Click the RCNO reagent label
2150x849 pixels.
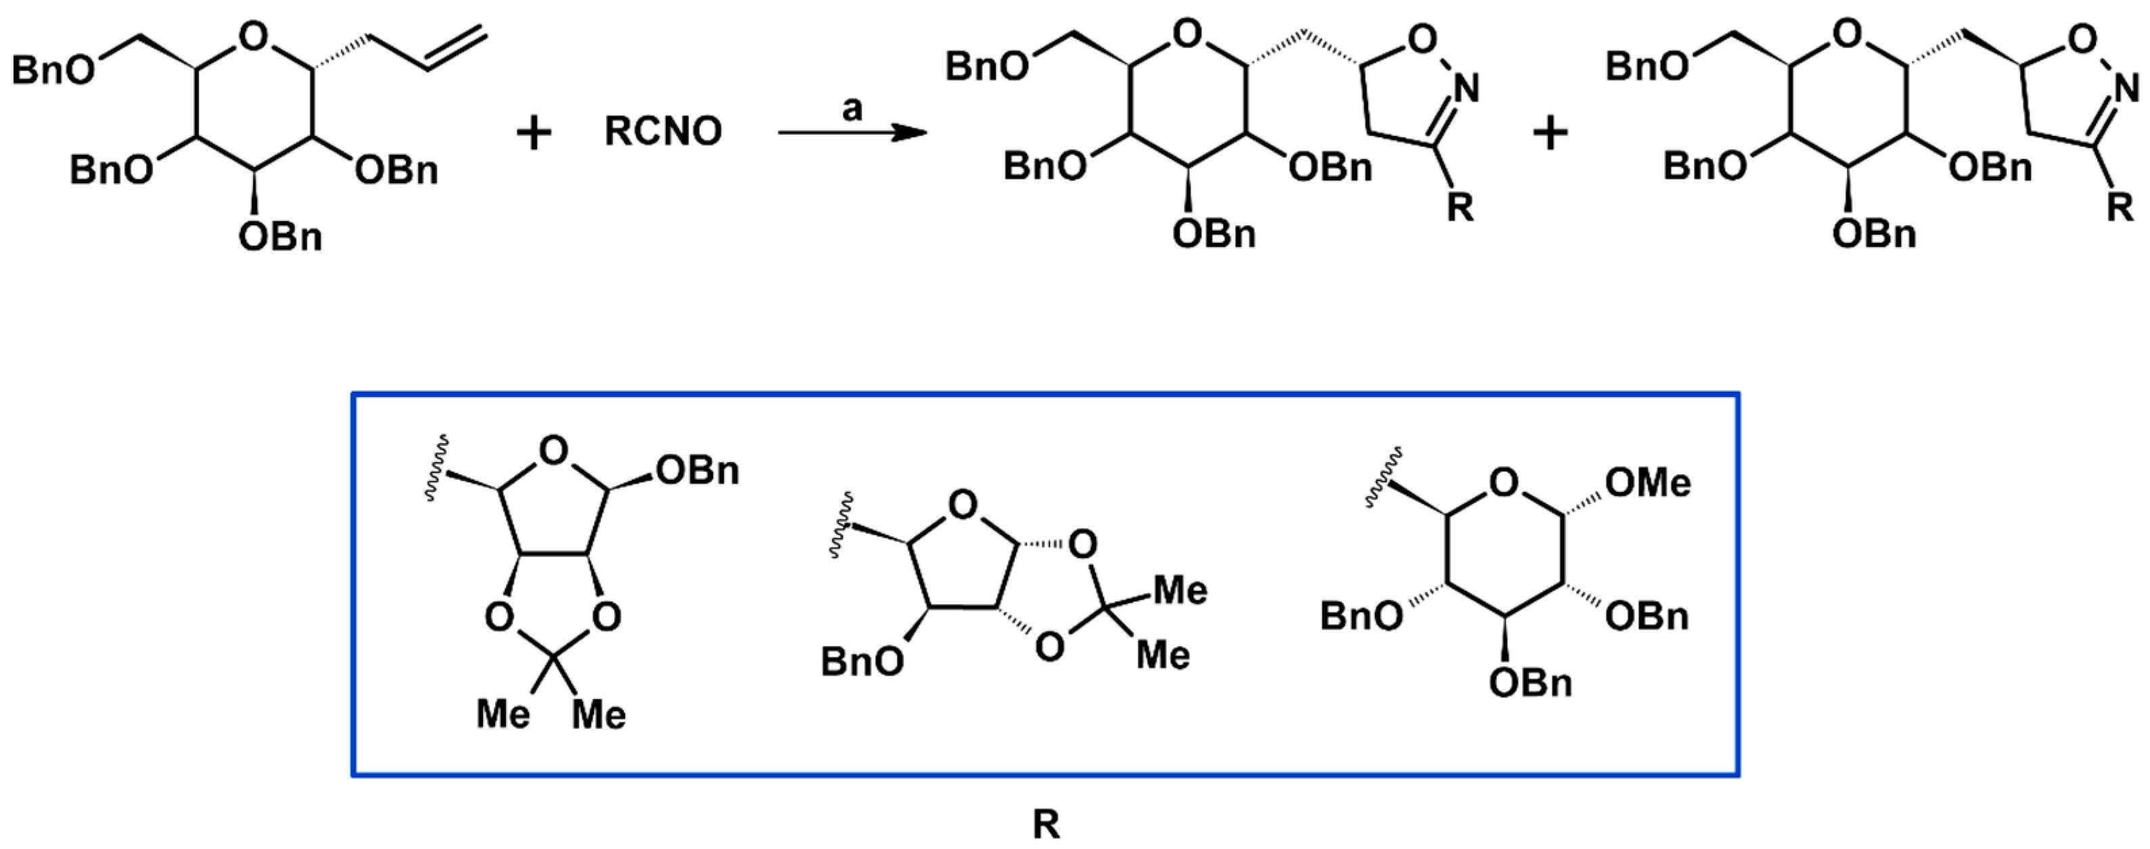(663, 132)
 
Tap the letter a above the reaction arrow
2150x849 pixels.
(851, 108)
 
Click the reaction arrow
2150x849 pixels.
(851, 133)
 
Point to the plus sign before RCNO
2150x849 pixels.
(534, 133)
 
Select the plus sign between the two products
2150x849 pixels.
(1551, 133)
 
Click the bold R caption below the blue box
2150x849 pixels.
(1046, 825)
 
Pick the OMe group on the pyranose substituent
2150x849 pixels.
(1647, 482)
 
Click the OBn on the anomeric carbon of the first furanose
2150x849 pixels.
(697, 471)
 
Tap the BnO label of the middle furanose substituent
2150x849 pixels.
(862, 662)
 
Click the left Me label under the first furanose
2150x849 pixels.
(503, 714)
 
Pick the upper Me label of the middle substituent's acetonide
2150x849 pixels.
(1179, 590)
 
